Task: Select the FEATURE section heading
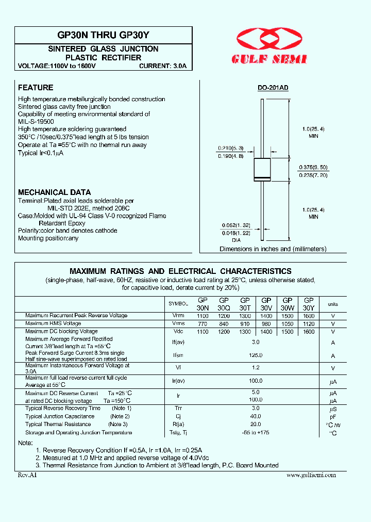tap(36, 88)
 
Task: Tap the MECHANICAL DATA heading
tap(55, 192)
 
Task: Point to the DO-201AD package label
tap(273, 88)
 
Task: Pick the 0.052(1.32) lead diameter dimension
tap(237, 225)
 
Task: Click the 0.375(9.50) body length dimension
tap(313, 167)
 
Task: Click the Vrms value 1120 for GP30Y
tap(309, 323)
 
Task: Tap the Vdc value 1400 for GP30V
tap(266, 332)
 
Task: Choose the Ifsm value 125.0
tap(256, 355)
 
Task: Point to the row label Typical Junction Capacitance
tap(59, 416)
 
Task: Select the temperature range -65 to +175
tap(256, 433)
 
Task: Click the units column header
tap(333, 304)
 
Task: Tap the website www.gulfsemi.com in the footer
tap(311, 475)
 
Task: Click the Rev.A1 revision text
tap(27, 475)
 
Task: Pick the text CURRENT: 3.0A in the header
tap(163, 67)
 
